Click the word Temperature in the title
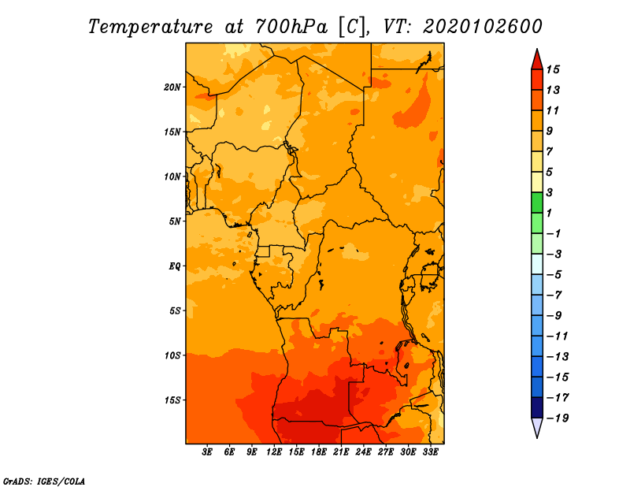(150, 27)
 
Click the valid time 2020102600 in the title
(483, 27)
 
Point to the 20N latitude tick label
(172, 87)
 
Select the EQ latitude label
(175, 266)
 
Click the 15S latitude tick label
(172, 400)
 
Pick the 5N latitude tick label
(175, 221)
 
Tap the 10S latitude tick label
(172, 355)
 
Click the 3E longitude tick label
(207, 452)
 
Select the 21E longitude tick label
(341, 452)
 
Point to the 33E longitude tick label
(430, 452)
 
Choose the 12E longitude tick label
(274, 452)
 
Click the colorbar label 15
(553, 69)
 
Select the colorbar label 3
(550, 192)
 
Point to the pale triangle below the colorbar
(537, 427)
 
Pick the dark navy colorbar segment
(537, 407)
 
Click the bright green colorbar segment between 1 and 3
(537, 203)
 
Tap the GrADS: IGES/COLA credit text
(44, 481)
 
